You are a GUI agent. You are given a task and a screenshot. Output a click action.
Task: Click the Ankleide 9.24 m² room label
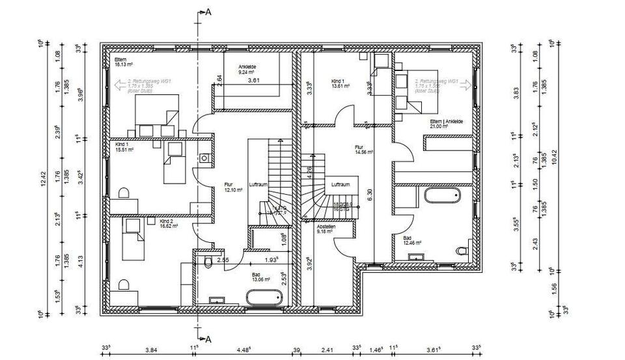click(247, 69)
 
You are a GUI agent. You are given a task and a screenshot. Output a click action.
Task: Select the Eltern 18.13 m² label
click(124, 62)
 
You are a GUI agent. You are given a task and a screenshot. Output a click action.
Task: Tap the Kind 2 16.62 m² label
click(169, 224)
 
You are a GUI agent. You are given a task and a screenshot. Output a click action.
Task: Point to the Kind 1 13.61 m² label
click(340, 83)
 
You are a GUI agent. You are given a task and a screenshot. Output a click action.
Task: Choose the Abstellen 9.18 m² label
click(326, 229)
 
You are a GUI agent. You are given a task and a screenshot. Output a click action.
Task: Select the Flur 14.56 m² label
click(363, 149)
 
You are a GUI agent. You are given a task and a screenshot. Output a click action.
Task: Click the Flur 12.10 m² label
click(232, 187)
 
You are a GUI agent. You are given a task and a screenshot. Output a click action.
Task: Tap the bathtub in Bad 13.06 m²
click(264, 298)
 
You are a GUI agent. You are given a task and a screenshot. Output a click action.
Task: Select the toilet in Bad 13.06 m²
click(207, 262)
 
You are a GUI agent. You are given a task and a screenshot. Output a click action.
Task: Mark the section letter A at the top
click(208, 12)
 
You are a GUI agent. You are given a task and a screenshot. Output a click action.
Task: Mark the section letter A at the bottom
click(208, 339)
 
